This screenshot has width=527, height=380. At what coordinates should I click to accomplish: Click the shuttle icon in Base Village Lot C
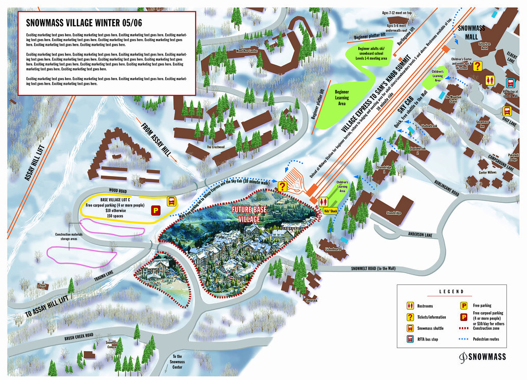click(x=171, y=201)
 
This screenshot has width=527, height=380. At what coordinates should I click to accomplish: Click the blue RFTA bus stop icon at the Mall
click(x=510, y=83)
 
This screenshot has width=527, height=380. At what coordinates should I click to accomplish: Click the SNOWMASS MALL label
click(x=468, y=33)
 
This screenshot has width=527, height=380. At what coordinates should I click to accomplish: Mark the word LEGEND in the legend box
click(x=451, y=291)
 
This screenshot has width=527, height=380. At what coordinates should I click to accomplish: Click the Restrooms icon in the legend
click(x=411, y=306)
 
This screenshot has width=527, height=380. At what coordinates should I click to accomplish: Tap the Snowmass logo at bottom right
click(x=482, y=356)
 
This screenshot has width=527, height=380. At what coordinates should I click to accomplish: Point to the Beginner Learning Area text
click(x=342, y=98)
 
